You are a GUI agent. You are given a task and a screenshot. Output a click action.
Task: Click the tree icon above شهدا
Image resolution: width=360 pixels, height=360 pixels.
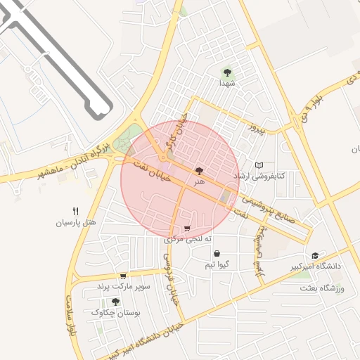tap(226, 72)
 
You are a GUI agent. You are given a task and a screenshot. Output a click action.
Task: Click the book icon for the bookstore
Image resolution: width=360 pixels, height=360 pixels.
tap(259, 165)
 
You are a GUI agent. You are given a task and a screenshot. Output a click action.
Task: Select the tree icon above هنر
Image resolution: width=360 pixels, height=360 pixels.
tap(199, 171)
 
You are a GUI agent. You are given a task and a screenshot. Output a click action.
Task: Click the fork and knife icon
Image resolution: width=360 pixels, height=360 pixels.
tap(76, 210)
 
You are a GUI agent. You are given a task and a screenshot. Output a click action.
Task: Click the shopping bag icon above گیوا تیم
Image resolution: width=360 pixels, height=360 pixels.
tap(216, 254)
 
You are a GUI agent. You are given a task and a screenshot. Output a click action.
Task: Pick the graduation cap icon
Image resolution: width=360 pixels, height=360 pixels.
tap(315, 255)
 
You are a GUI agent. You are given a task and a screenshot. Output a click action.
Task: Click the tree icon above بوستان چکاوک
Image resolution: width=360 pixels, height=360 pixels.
tap(115, 301)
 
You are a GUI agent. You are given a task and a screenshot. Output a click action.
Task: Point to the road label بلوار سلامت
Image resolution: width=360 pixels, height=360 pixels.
tap(71, 319)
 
